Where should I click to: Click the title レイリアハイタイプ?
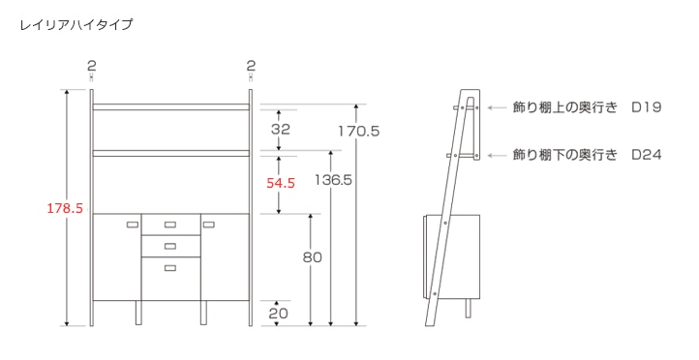(x=76, y=24)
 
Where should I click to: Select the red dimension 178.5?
(x=65, y=208)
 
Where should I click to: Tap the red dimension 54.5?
(x=281, y=183)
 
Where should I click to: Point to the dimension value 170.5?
(x=358, y=131)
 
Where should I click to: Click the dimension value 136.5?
(x=333, y=180)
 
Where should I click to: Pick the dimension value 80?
(x=312, y=257)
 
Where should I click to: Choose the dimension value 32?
(x=281, y=130)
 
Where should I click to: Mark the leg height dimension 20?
(x=278, y=314)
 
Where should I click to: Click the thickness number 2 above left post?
(x=91, y=66)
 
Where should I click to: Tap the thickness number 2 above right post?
(x=251, y=66)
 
